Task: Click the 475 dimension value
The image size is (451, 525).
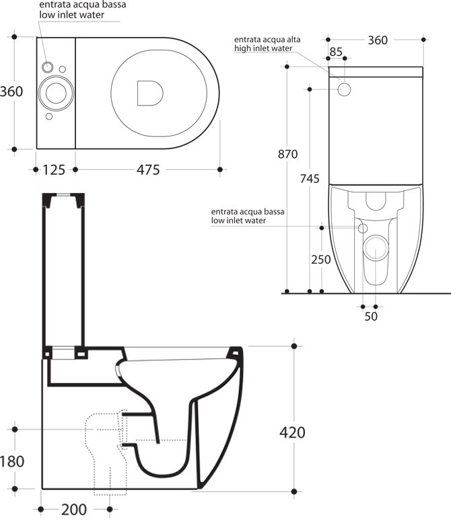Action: pyautogui.click(x=148, y=170)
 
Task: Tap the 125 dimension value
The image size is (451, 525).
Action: pyautogui.click(x=54, y=170)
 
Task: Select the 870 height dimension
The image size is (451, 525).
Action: pyautogui.click(x=287, y=154)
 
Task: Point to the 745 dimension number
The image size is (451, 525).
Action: pyautogui.click(x=310, y=179)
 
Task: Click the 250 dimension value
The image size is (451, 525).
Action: pyautogui.click(x=321, y=259)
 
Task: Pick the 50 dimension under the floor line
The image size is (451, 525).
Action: pyautogui.click(x=371, y=317)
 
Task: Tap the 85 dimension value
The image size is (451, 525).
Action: pyautogui.click(x=336, y=52)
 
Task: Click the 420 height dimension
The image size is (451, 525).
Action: pyautogui.click(x=292, y=433)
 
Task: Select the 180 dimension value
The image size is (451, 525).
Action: pyautogui.click(x=12, y=462)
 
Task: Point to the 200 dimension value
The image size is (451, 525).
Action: pyautogui.click(x=74, y=510)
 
